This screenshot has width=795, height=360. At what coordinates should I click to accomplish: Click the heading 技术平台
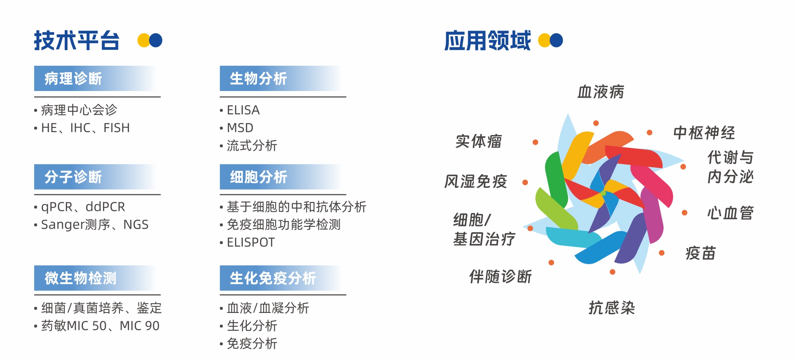(x=77, y=40)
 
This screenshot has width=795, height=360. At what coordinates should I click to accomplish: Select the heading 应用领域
(x=487, y=40)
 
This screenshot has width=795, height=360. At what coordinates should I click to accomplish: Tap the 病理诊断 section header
(x=73, y=79)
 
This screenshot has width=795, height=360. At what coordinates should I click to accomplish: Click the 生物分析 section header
(x=258, y=79)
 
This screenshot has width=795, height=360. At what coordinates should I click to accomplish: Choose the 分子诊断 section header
(x=73, y=177)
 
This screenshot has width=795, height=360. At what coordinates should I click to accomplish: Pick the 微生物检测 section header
(x=80, y=278)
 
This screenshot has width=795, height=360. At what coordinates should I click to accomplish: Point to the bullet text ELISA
(x=243, y=110)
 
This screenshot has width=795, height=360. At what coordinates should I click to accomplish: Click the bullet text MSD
(x=240, y=128)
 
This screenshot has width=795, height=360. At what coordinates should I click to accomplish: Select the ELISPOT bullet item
(x=251, y=242)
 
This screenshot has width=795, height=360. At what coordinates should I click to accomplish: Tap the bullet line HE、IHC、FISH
(x=86, y=128)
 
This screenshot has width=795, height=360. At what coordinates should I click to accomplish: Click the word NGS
(x=136, y=225)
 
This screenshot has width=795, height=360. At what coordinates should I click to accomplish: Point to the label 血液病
(x=601, y=92)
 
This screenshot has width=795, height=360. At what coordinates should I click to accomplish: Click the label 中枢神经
(x=704, y=133)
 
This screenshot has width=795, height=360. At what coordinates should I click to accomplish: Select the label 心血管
(x=730, y=213)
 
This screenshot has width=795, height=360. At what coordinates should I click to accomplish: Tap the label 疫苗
(x=700, y=253)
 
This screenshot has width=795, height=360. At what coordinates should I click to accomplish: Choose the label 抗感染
(x=612, y=308)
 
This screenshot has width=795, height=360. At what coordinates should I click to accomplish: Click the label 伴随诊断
(x=500, y=277)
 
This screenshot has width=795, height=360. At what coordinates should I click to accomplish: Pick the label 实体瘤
(x=479, y=141)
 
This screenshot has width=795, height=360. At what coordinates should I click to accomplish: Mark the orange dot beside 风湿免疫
(x=525, y=182)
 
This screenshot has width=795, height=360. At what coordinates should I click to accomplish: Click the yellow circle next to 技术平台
(x=143, y=40)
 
